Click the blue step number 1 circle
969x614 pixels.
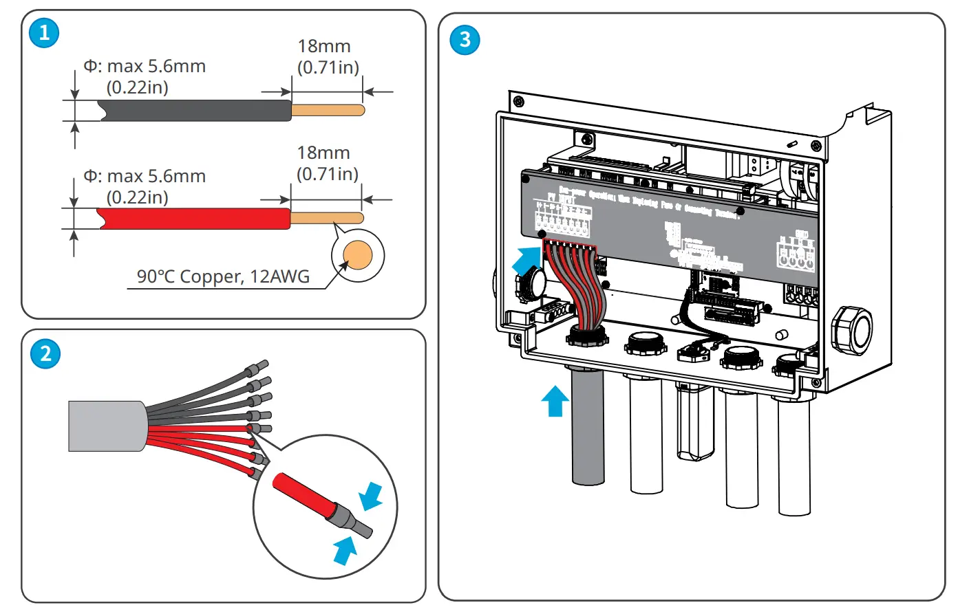tap(44, 33)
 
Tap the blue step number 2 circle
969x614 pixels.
tap(45, 353)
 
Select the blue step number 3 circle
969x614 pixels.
tap(465, 40)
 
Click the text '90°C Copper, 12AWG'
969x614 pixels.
tap(223, 276)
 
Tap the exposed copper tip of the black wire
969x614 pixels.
tap(328, 110)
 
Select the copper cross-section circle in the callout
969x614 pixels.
tap(357, 256)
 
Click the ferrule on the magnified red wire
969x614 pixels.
tap(350, 518)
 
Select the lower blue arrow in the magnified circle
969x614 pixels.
tap(345, 549)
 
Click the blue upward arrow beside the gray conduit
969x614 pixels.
tap(555, 401)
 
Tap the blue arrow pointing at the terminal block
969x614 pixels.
tap(526, 261)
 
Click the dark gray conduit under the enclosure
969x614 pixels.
tap(588, 426)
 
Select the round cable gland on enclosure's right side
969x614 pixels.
tap(851, 331)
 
